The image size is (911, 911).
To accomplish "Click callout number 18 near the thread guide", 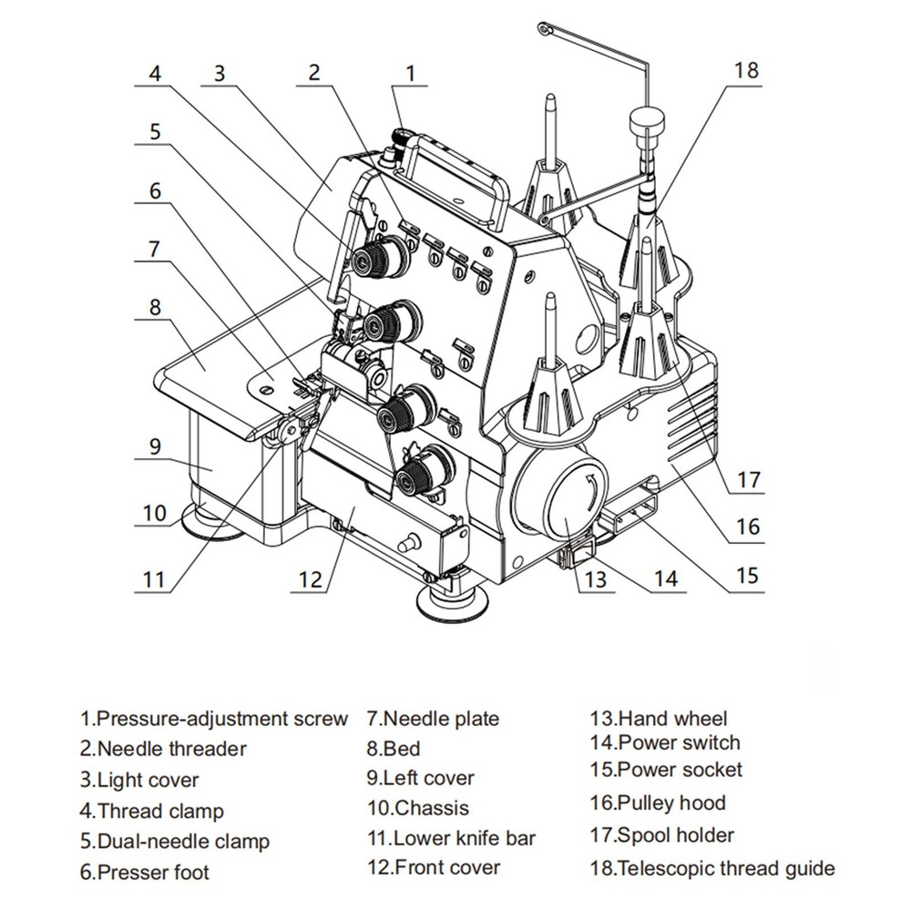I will click(x=745, y=71).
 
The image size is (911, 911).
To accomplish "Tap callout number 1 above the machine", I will click(x=412, y=74).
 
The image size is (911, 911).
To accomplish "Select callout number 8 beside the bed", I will click(x=155, y=306).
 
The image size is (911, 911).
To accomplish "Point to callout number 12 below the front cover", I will click(x=311, y=578).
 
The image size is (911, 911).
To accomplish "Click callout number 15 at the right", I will click(x=747, y=575).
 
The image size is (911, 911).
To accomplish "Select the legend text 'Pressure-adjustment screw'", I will click(x=214, y=719).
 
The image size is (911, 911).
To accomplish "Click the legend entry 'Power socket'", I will click(x=666, y=770).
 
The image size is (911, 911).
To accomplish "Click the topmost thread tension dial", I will click(x=380, y=257).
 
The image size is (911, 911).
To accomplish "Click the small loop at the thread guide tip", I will click(x=544, y=29).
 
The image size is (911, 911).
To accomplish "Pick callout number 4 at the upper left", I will click(x=156, y=74).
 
